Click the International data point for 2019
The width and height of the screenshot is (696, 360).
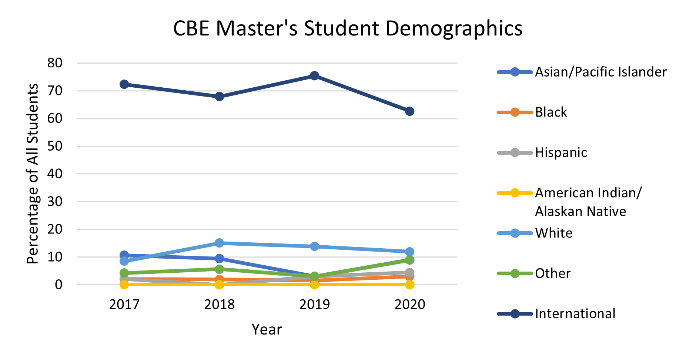pyautogui.click(x=314, y=76)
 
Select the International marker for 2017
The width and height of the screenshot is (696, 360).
pyautogui.click(x=124, y=84)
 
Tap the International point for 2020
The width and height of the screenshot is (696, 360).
pyautogui.click(x=409, y=111)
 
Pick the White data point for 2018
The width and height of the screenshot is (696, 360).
pyautogui.click(x=219, y=243)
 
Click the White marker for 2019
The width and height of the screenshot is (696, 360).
pyautogui.click(x=314, y=246)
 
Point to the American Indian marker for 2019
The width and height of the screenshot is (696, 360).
pyautogui.click(x=314, y=285)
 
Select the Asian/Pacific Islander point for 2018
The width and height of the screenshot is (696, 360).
pyautogui.click(x=219, y=258)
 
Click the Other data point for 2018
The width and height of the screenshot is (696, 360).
pyautogui.click(x=219, y=269)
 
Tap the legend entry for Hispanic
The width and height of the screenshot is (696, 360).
pyautogui.click(x=561, y=152)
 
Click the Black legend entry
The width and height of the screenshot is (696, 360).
pyautogui.click(x=551, y=112)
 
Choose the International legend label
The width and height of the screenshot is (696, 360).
pyautogui.click(x=575, y=314)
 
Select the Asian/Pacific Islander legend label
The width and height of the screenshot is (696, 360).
pyautogui.click(x=600, y=72)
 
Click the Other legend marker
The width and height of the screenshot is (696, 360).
pyautogui.click(x=515, y=274)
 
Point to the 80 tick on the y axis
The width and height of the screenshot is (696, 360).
pyautogui.click(x=55, y=63)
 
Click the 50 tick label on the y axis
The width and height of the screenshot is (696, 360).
pyautogui.click(x=55, y=146)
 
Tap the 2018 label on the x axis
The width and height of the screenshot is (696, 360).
pyautogui.click(x=219, y=305)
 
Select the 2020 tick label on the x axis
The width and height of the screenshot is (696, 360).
pyautogui.click(x=409, y=305)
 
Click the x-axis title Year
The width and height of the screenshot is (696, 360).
pyautogui.click(x=267, y=329)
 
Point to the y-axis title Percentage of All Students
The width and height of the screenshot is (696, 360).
pyautogui.click(x=33, y=174)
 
